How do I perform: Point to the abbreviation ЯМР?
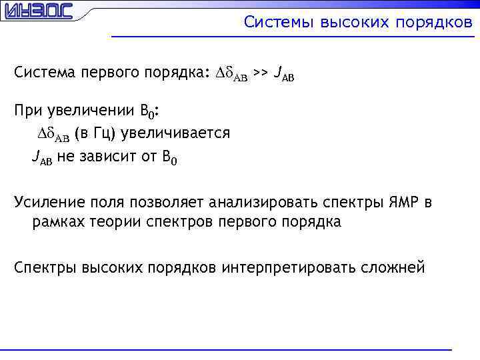click(401, 201)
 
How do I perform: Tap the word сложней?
click(393, 267)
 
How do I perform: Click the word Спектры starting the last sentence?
click(45, 267)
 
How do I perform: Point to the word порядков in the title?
click(434, 23)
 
